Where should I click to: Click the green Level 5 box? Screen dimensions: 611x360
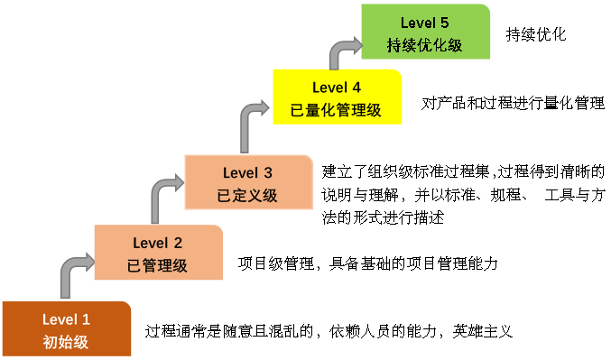(x=425, y=32)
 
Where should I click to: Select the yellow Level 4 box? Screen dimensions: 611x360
(x=337, y=97)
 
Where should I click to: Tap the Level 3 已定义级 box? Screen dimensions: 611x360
(x=248, y=182)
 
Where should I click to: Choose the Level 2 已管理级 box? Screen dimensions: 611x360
(x=159, y=253)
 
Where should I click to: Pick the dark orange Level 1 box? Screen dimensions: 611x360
(x=67, y=328)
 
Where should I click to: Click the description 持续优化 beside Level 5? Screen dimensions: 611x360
(x=536, y=34)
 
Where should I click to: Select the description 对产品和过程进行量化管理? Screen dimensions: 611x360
(x=513, y=103)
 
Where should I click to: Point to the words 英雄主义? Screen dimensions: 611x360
(x=483, y=331)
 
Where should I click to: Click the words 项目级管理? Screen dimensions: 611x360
(x=276, y=263)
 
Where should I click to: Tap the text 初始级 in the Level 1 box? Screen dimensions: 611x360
(x=66, y=342)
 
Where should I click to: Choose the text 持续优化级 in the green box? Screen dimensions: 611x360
(x=424, y=45)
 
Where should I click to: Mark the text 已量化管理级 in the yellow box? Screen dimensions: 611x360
(x=336, y=110)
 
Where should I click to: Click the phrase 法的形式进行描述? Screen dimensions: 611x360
(x=383, y=217)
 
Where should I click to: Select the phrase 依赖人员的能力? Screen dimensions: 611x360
(x=383, y=331)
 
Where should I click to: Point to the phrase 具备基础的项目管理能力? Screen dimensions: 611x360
(x=414, y=263)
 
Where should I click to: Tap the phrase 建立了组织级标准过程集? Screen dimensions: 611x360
(x=405, y=171)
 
